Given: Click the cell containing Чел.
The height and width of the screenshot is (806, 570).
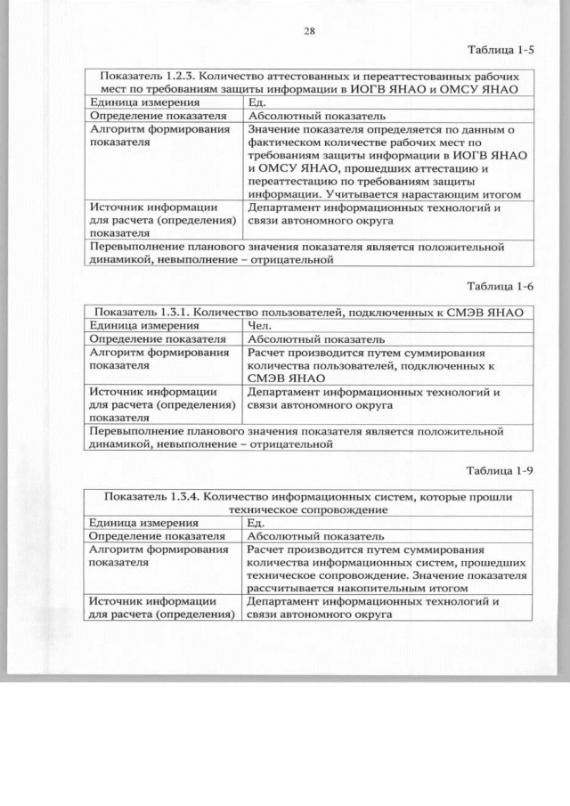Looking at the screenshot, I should pos(258,326).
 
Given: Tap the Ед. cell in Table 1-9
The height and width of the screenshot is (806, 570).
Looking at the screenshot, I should pos(256,523).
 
